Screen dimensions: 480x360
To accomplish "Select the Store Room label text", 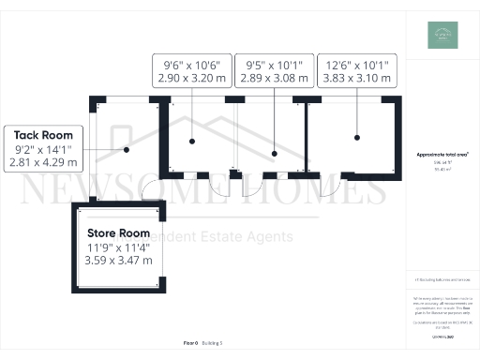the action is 118,232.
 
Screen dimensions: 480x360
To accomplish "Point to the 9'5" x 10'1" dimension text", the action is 271,65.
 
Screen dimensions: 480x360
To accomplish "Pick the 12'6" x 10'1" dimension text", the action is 360,65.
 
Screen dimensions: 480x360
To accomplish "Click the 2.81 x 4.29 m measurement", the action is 44,161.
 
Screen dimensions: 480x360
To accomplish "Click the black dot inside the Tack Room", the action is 126,148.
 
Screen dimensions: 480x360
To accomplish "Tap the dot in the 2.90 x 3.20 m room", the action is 191,141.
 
